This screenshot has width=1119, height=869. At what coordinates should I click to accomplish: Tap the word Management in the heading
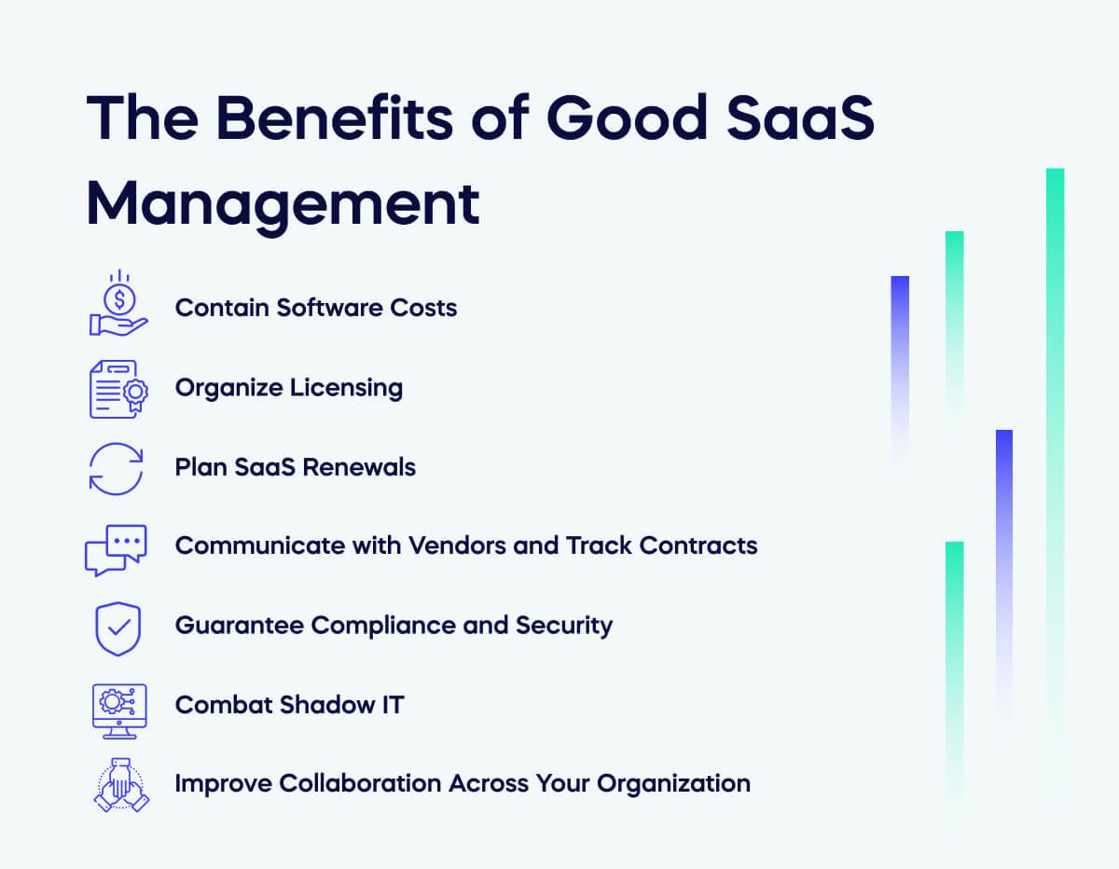[283, 203]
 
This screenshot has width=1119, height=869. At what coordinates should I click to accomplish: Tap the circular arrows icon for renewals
[117, 467]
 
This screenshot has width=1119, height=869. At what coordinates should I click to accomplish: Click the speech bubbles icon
[117, 548]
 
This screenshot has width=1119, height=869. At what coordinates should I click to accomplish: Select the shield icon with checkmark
[118, 628]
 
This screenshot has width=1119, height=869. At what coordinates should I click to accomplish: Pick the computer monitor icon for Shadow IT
[118, 709]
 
